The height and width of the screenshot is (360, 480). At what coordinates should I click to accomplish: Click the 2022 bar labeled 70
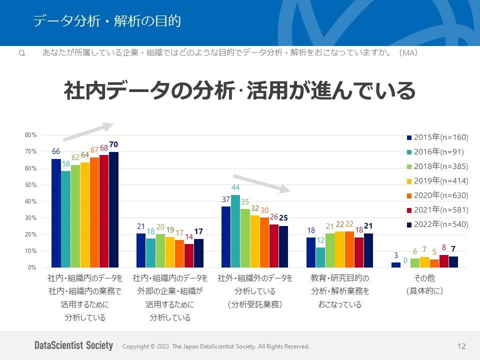click(113, 209)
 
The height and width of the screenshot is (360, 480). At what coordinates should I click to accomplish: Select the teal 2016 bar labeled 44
click(235, 231)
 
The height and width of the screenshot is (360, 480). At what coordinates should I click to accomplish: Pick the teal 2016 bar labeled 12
click(320, 257)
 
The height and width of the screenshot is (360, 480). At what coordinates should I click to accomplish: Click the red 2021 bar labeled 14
click(189, 255)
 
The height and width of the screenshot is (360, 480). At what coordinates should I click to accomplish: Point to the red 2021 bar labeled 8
click(444, 261)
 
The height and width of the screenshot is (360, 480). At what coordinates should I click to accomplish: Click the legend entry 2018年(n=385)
click(437, 166)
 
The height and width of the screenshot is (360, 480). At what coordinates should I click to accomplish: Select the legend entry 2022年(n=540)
click(437, 224)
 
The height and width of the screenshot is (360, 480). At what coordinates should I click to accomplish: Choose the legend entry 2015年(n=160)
click(437, 137)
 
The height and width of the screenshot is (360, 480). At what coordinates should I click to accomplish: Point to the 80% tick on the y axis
click(30, 135)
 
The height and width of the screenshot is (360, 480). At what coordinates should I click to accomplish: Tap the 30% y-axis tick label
click(30, 218)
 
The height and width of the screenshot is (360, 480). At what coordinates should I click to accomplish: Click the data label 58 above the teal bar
click(66, 164)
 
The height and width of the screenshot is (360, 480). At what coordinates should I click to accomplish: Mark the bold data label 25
click(283, 218)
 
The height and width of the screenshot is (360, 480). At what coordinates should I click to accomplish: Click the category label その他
click(424, 278)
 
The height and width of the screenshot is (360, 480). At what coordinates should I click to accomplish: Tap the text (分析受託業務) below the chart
click(255, 304)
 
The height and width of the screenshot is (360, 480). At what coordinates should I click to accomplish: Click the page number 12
click(461, 346)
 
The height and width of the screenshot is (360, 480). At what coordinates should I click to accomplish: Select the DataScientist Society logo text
click(74, 345)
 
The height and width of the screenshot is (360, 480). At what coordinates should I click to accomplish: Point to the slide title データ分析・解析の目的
click(106, 21)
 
